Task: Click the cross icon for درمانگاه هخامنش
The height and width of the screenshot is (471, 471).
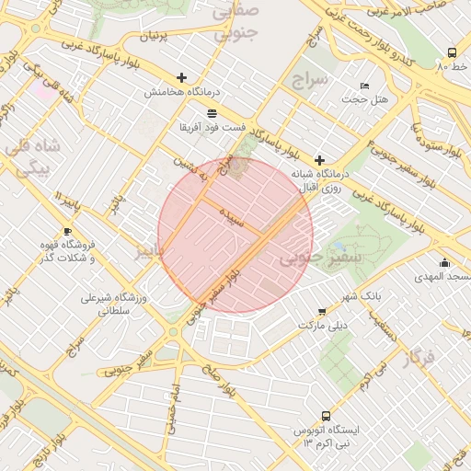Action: coord(181,78)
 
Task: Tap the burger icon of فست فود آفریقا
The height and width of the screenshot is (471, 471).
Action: coord(213,112)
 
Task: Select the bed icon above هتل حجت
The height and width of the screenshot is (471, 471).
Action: coord(364,86)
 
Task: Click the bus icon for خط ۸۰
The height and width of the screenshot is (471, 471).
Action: coord(451,52)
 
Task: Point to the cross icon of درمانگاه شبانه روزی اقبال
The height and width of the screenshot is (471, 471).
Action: coord(320,160)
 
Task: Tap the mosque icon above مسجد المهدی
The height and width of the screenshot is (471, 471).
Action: coord(445,262)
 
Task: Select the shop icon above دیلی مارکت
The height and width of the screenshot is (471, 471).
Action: coord(320,312)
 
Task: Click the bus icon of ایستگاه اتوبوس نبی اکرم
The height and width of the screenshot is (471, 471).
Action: coord(326,416)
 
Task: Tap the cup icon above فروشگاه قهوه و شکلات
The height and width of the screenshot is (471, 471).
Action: coord(67,231)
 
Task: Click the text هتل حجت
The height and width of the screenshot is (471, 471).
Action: coord(372,99)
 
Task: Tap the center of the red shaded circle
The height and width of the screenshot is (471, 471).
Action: coord(235,235)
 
